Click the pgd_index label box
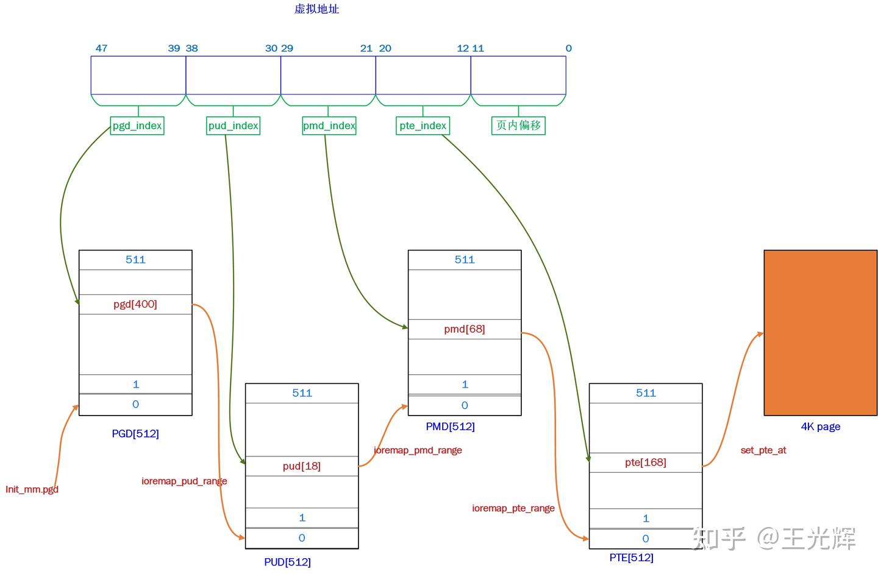pyautogui.click(x=137, y=126)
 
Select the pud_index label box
pyautogui.click(x=234, y=126)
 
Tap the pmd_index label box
pyautogui.click(x=329, y=126)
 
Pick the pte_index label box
pyautogui.click(x=423, y=126)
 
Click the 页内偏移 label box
pyautogui.click(x=518, y=126)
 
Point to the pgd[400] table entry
pyautogui.click(x=135, y=304)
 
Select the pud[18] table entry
pyautogui.click(x=302, y=466)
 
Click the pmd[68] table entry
pyautogui.click(x=465, y=329)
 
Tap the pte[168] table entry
pyautogui.click(x=646, y=462)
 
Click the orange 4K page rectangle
pyautogui.click(x=820, y=333)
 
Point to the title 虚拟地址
pyautogui.click(x=316, y=9)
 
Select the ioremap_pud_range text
pyautogui.click(x=184, y=481)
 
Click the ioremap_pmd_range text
pyautogui.click(x=418, y=450)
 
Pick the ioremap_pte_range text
pyautogui.click(x=513, y=508)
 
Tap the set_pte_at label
pyautogui.click(x=763, y=450)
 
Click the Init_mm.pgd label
pyautogui.click(x=32, y=489)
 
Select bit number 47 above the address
pyautogui.click(x=101, y=48)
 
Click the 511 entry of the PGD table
pyautogui.click(x=135, y=260)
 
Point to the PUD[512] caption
pyautogui.click(x=287, y=562)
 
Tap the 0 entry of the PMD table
pyautogui.click(x=465, y=405)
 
